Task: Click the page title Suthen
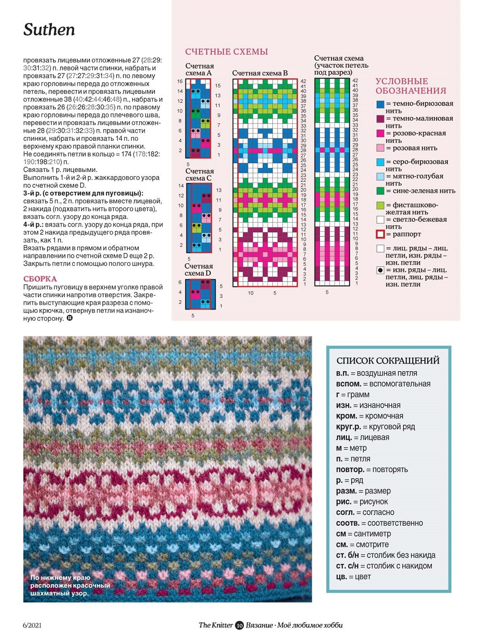point(49,30)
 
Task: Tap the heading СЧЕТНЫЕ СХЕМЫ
point(226,52)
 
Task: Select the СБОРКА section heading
point(40,279)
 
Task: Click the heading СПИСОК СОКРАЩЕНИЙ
point(388,361)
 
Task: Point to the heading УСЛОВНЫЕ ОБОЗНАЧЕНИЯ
point(411,86)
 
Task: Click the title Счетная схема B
point(259,73)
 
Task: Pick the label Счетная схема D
point(198,270)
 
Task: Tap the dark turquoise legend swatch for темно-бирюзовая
point(381,104)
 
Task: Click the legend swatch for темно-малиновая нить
point(381,119)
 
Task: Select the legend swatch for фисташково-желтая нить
point(381,206)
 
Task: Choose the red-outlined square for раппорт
point(381,234)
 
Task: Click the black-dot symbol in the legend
point(381,270)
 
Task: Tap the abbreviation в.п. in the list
point(342,374)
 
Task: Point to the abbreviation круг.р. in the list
point(348,427)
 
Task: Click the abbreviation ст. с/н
point(347,566)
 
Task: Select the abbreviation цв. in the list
point(341,577)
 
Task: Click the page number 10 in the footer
point(239,625)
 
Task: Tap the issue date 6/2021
point(32,625)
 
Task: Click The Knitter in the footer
point(216,625)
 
